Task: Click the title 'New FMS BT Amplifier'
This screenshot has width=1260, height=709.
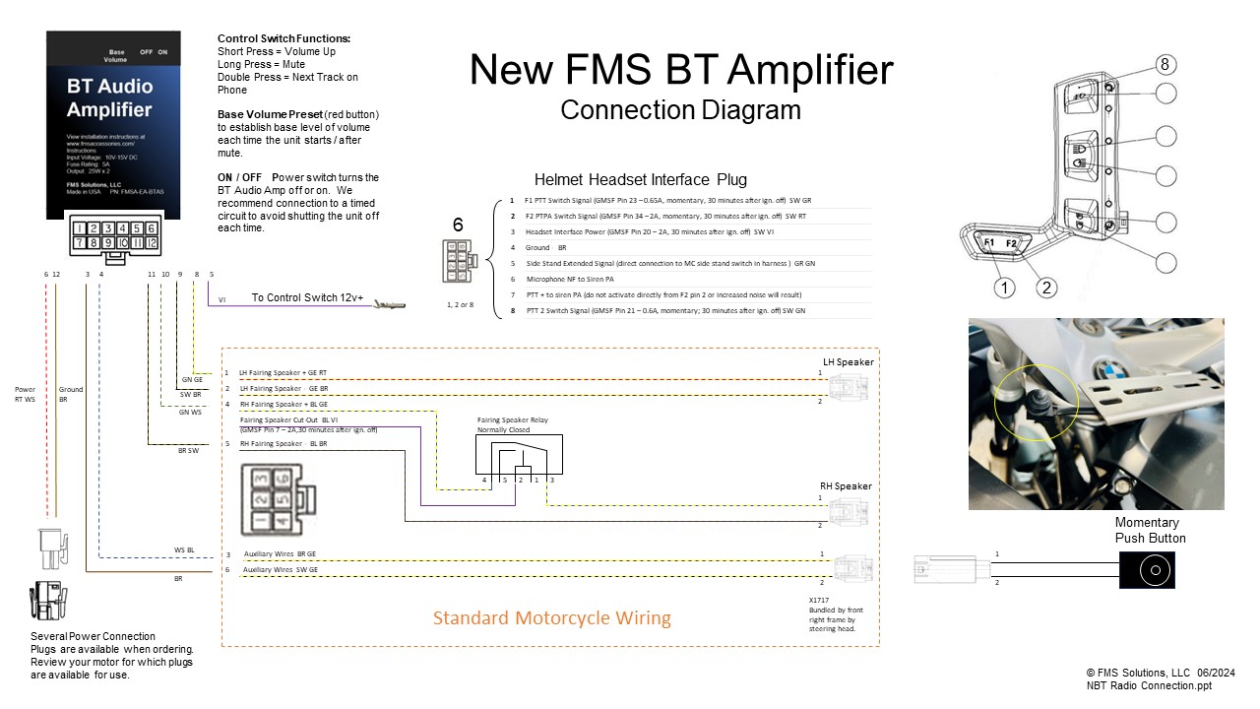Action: coord(681,71)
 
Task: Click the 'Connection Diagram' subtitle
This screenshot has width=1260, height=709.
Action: coord(680,109)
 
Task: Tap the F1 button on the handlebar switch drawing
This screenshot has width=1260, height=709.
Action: coord(989,242)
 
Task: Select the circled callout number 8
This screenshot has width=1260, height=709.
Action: coord(1165,65)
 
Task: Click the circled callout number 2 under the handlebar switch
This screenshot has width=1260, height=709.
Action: coord(1047,288)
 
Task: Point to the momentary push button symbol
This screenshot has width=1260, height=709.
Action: coord(1147,570)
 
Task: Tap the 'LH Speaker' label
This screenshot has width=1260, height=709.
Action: coord(848,361)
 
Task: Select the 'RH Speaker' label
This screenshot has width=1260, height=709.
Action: coord(847,486)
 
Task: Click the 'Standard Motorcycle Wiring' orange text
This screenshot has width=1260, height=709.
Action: coord(552,618)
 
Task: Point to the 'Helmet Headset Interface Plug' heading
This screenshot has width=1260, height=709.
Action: coord(640,179)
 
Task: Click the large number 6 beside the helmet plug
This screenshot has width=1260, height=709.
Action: coord(458,226)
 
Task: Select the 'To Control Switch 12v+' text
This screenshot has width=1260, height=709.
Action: coord(307,297)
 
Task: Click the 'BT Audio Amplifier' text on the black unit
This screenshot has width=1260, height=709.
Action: coord(109,97)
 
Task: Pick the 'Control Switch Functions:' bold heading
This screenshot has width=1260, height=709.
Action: coord(283,38)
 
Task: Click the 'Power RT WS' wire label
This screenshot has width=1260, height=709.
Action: coord(26,395)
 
